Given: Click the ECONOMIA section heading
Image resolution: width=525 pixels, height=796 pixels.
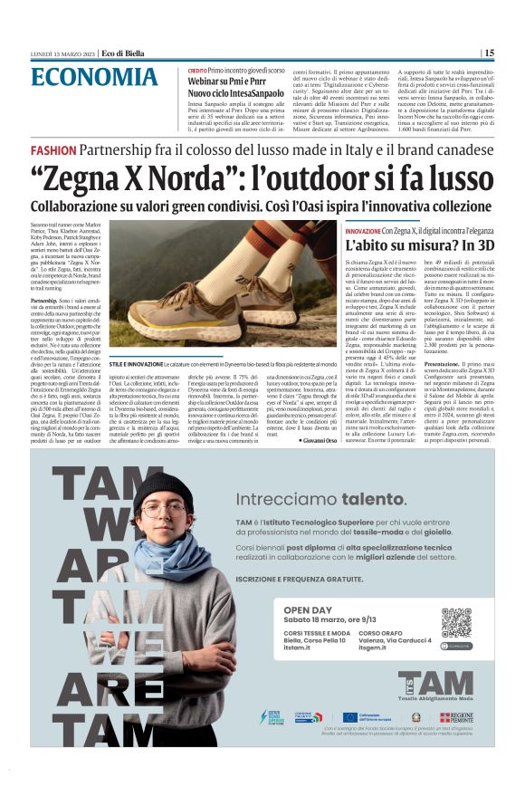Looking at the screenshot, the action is [x=92, y=76].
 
